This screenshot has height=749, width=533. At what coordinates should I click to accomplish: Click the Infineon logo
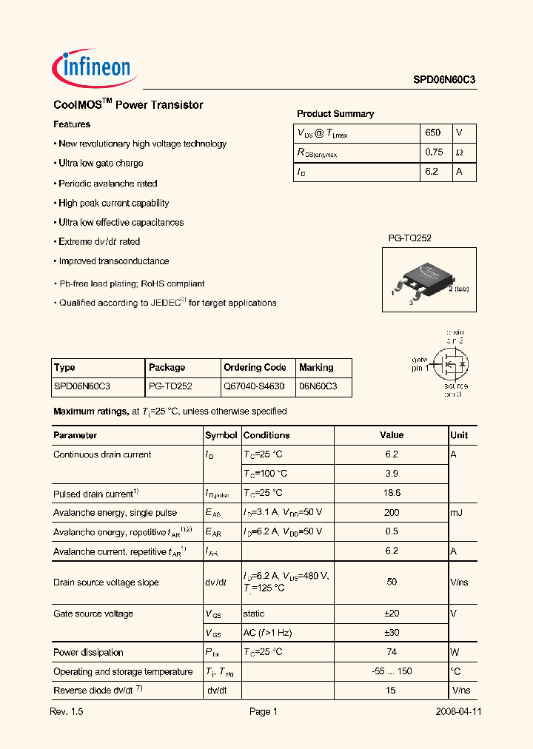click(92, 69)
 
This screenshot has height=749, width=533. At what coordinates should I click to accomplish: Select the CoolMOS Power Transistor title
click(128, 105)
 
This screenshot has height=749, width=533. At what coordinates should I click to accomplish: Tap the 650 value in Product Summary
click(433, 132)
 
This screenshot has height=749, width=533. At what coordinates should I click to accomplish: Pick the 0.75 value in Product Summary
click(434, 152)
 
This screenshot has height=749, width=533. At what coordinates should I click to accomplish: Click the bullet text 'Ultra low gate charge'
click(101, 164)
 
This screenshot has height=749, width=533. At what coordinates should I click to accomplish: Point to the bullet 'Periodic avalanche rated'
click(107, 184)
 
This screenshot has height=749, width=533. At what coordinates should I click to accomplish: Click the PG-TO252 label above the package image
click(409, 238)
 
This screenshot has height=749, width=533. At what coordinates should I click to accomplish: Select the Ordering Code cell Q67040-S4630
click(254, 386)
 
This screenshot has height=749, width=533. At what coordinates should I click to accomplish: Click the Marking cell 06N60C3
click(318, 386)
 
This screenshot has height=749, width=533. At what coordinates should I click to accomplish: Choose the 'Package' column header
click(167, 367)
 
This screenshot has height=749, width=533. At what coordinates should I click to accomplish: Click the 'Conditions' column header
click(266, 435)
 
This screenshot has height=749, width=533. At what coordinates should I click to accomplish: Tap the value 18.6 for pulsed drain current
click(392, 493)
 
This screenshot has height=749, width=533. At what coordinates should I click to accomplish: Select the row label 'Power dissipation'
click(88, 653)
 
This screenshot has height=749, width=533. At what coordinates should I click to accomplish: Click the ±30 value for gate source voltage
click(392, 633)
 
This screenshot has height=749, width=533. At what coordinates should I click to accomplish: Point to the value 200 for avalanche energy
click(392, 512)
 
